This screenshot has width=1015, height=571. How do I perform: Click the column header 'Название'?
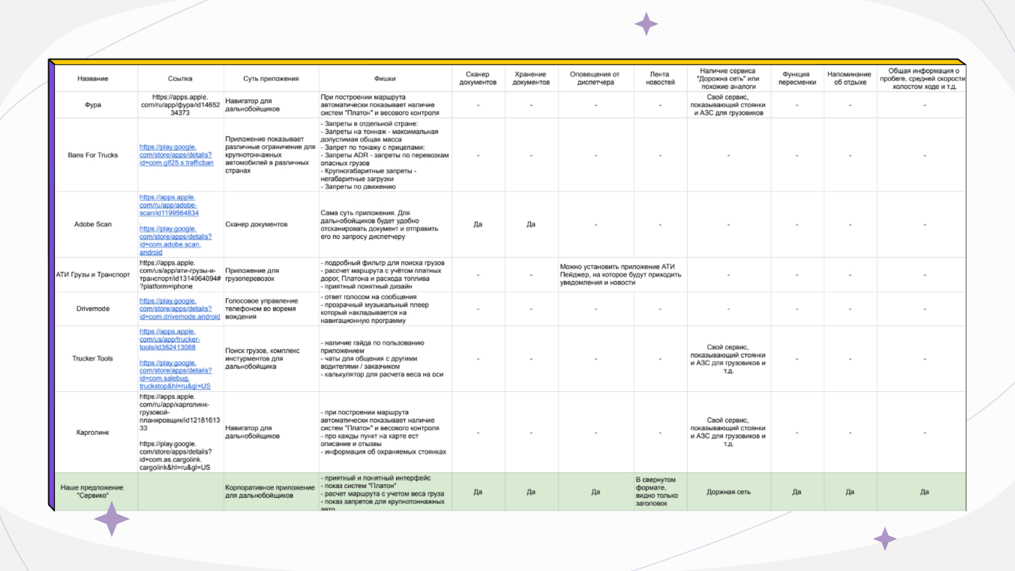click(93, 79)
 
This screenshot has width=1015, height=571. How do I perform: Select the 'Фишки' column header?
click(385, 79)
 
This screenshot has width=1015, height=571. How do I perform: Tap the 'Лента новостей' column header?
click(660, 79)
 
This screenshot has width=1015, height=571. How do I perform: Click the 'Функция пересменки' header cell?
click(797, 79)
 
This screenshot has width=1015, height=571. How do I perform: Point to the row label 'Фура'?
click(93, 105)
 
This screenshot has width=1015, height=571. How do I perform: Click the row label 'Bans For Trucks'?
click(93, 155)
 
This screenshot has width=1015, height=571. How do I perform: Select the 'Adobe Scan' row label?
click(93, 225)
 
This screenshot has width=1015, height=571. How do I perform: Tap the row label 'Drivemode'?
click(93, 309)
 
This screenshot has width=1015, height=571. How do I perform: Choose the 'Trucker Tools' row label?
click(93, 359)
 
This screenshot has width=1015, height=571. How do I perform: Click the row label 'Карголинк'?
click(93, 432)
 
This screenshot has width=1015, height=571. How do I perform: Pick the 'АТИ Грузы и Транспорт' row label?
click(93, 275)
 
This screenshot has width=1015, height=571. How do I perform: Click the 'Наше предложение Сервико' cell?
click(92, 492)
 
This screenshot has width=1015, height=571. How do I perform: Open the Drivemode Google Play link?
click(179, 309)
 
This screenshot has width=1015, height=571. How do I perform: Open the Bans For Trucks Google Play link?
click(176, 155)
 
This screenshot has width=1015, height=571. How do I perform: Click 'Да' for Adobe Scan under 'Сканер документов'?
click(478, 225)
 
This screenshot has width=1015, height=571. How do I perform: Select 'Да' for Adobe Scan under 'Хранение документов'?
click(531, 225)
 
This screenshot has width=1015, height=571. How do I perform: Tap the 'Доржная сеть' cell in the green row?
click(728, 492)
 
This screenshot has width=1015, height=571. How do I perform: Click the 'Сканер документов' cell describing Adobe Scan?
click(256, 225)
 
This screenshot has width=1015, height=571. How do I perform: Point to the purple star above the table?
click(646, 24)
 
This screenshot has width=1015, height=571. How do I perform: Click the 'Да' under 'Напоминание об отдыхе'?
click(850, 492)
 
